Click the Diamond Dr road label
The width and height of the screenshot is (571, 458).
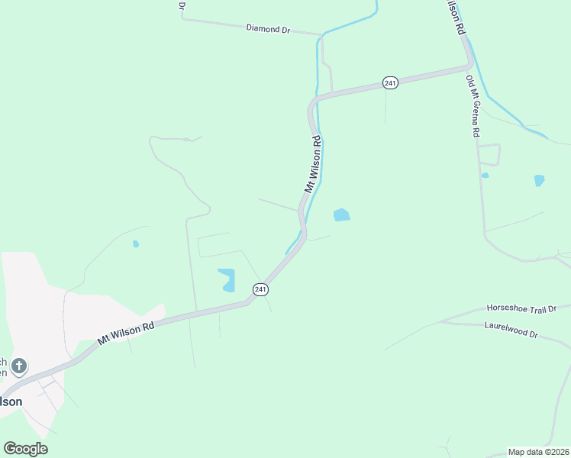point(269,29)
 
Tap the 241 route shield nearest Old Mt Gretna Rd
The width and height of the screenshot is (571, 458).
point(390,82)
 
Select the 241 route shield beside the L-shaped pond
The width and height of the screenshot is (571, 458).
point(260,289)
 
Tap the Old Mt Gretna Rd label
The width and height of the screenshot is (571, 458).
point(473,106)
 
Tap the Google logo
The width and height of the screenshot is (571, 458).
point(25,448)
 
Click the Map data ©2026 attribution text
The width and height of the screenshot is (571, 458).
point(538,452)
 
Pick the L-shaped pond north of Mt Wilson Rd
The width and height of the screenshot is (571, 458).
point(227,279)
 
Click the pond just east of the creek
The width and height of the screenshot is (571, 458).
point(341,215)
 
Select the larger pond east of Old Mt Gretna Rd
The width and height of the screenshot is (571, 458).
point(540,181)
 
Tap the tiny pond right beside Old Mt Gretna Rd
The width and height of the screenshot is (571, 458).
point(485,175)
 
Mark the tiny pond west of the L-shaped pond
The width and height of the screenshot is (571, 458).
point(136,244)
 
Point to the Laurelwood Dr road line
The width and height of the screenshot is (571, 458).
point(458,324)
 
